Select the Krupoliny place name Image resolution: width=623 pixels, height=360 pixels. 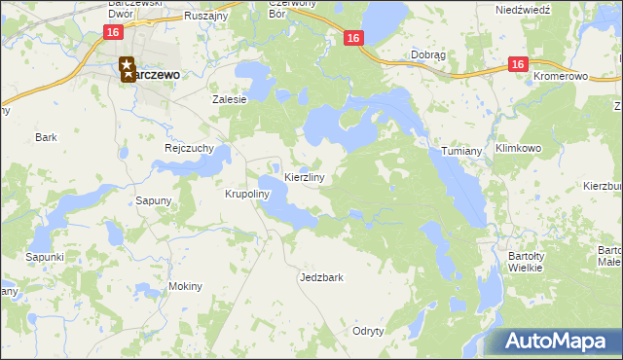pos(246,194)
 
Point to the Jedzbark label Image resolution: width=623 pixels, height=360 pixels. pos(322,277)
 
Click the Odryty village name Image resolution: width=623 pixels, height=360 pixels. pos(368,331)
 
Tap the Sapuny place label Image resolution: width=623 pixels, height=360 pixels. pos(154,200)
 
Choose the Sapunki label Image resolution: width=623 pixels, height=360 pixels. pos(45,257)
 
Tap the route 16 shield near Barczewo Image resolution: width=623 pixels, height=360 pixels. pos(113,33)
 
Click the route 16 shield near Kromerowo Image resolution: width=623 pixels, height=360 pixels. pos(517,64)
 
